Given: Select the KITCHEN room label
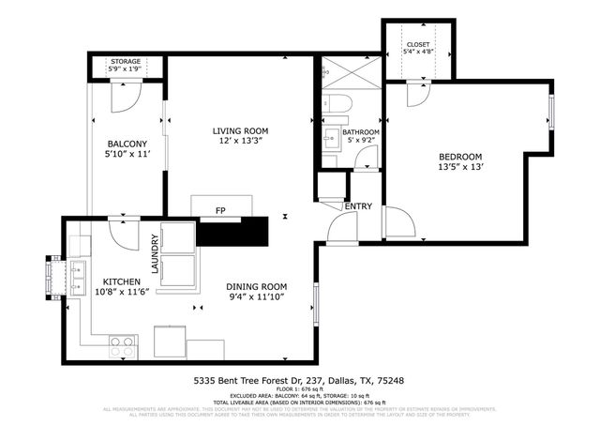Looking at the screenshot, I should pos(122,281).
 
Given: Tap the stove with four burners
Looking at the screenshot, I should pos(121,345).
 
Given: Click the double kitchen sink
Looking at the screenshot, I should pos(77,277).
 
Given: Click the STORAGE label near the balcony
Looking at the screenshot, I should pos(125,61).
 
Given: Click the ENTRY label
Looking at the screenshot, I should pos(358,205).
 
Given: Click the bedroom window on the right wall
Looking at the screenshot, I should pos(551,111).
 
